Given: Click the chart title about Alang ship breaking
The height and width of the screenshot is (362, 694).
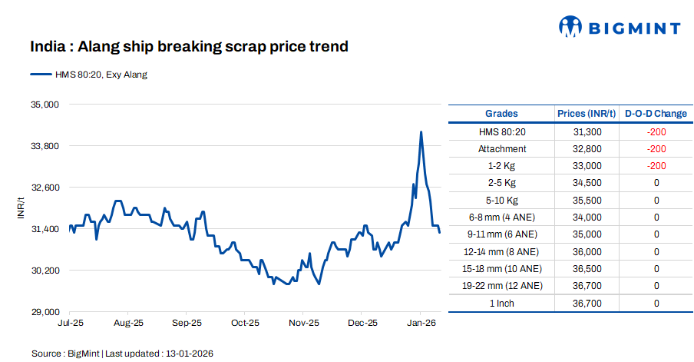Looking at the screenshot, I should (189, 47).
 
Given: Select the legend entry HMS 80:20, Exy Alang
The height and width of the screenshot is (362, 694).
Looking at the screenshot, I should (89, 75).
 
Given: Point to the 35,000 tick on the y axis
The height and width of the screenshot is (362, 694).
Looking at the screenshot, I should (45, 104).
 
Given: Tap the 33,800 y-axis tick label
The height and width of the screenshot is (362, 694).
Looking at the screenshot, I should (45, 145).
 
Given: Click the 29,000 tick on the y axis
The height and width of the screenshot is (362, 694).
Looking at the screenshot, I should (45, 312).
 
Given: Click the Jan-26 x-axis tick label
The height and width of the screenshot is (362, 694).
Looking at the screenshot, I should (421, 324).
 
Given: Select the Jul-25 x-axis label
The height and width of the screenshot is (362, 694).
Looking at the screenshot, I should (70, 324).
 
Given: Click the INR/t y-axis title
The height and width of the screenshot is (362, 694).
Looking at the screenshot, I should (21, 208).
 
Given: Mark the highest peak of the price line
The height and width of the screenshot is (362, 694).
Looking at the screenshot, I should (421, 132).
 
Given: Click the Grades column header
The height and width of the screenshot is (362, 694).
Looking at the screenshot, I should (501, 114).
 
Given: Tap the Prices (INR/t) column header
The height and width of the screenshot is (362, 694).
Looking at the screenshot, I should (587, 114).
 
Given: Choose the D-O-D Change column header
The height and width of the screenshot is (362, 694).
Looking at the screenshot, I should (656, 114).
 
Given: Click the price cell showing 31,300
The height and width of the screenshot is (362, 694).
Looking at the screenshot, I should (587, 132).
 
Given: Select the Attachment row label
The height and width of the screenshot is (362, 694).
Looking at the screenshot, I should (502, 149).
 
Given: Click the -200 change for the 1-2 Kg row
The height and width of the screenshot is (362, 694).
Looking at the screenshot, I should (656, 166).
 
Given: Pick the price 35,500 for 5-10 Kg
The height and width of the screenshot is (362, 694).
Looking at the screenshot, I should (587, 201).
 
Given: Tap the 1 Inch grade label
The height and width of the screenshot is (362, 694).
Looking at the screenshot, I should (502, 304).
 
